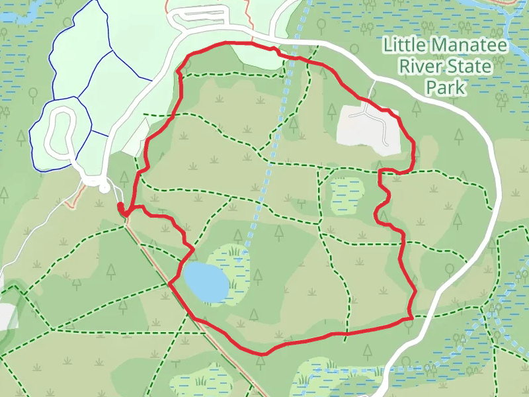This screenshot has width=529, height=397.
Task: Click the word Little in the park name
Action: (x=405, y=46)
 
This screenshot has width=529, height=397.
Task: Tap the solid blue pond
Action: (x=206, y=281)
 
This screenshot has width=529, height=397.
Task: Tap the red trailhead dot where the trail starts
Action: (x=121, y=210)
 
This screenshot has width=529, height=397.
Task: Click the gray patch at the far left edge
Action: (x=6, y=316)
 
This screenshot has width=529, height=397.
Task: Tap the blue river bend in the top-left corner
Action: (x=20, y=17)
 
